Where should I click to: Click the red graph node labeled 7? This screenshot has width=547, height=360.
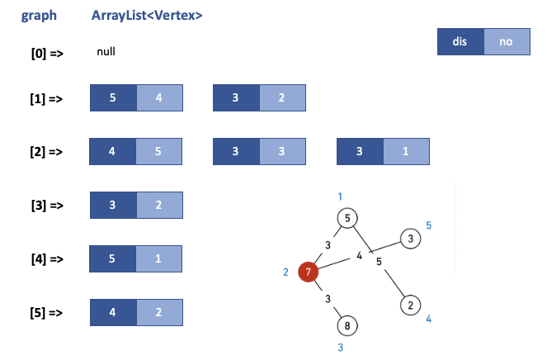click(x=308, y=272)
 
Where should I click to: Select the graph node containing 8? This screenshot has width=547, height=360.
click(x=347, y=325)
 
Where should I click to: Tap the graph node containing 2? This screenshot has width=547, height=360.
click(x=410, y=305)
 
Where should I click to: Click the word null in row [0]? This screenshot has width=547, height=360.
click(x=106, y=51)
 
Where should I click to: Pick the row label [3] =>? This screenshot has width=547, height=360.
click(x=47, y=206)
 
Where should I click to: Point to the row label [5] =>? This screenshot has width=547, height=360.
click(x=47, y=313)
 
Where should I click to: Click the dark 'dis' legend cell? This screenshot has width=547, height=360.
click(x=460, y=41)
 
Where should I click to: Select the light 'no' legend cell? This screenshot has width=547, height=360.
click(x=506, y=41)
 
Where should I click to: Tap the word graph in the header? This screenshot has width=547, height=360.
click(x=39, y=16)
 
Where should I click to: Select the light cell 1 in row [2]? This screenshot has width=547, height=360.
click(x=406, y=151)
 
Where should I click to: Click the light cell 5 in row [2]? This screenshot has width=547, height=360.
click(x=159, y=151)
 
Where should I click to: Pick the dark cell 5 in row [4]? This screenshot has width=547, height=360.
click(x=112, y=258)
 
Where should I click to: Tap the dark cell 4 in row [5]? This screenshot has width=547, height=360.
click(x=112, y=312)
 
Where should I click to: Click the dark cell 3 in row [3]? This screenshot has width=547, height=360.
click(x=112, y=206)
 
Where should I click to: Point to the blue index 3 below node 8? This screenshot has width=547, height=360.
click(x=340, y=348)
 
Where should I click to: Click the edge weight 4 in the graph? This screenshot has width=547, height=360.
click(x=360, y=256)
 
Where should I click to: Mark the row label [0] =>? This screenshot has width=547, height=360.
click(x=47, y=54)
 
